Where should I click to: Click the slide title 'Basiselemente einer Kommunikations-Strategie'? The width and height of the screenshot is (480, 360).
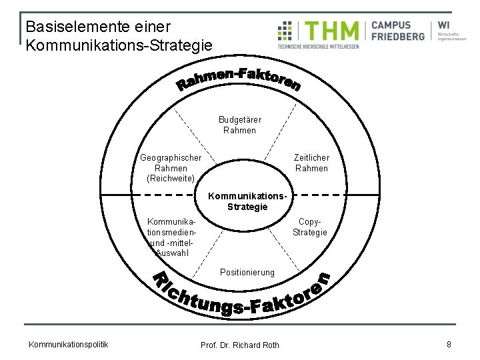[x=119, y=37]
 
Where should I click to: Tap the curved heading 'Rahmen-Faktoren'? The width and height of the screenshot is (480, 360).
[x=239, y=81]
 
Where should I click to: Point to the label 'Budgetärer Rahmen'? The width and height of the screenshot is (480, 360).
[x=240, y=125]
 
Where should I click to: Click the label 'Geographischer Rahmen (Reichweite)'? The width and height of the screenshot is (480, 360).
[x=171, y=168]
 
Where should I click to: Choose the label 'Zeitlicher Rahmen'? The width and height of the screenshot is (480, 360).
[x=311, y=163]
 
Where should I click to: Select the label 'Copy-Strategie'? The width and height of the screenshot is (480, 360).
[x=310, y=227]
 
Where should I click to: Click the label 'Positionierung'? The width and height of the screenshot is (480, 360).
[x=247, y=272]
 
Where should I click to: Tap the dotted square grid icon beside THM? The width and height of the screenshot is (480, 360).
[x=285, y=31]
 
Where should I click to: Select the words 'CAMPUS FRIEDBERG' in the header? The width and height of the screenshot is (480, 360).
[x=397, y=31]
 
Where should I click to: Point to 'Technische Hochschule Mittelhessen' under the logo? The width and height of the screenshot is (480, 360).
[x=318, y=47]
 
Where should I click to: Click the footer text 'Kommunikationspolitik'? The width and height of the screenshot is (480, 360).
[x=68, y=344]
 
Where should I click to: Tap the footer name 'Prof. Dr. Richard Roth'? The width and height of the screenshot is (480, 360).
[x=240, y=345]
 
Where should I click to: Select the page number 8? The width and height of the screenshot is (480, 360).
[x=449, y=344]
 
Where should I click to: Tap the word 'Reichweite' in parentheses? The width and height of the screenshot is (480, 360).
[x=171, y=179]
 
